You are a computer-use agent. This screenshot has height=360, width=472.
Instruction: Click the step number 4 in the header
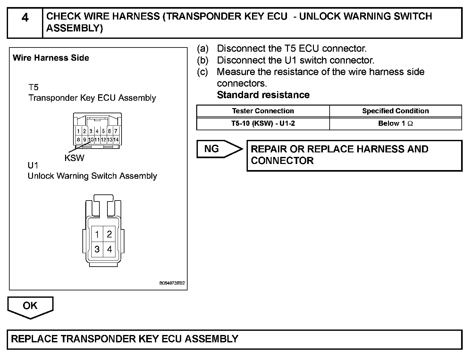point(25,18)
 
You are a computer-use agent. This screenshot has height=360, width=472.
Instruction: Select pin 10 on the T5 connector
point(91,140)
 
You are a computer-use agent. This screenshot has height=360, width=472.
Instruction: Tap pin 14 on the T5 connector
point(116,140)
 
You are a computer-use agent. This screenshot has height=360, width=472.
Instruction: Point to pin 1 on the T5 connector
point(78,131)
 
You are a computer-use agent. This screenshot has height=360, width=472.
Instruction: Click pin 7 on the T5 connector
point(116,131)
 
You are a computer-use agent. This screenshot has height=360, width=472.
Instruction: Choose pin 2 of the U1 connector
point(109,234)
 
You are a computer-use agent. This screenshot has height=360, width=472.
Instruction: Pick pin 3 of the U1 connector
point(97,249)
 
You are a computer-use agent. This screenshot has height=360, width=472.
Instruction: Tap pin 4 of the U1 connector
point(109,249)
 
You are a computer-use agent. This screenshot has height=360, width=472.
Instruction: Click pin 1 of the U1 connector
point(97,234)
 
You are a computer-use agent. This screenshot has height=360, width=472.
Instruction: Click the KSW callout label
point(74,158)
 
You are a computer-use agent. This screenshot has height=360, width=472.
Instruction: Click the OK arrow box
point(30,306)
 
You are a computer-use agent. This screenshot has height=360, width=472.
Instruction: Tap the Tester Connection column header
point(263,111)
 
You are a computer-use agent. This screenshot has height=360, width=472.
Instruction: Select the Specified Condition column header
point(395,111)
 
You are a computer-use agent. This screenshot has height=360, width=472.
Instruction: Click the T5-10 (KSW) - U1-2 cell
point(263,124)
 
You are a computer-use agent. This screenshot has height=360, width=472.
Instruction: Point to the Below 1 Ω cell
point(395,124)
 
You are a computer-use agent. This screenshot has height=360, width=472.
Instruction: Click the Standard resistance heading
point(263,95)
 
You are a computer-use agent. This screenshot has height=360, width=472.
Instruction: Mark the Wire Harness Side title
point(51,58)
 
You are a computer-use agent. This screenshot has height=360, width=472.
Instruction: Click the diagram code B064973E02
point(172,283)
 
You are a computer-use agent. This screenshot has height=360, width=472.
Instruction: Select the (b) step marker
point(203,60)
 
